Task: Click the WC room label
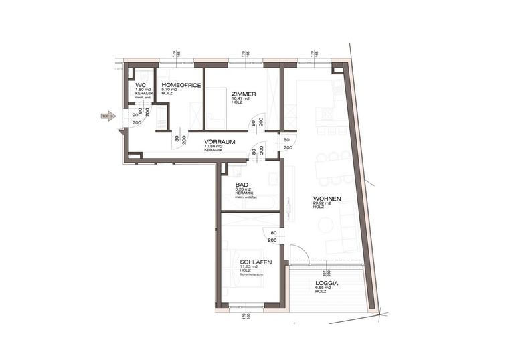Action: pos(140,85)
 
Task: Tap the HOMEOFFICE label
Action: pos(178,85)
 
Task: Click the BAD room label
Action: pos(242,185)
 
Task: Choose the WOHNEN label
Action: pos(327,199)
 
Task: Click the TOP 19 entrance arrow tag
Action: pos(108,116)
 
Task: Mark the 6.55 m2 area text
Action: pos(324,288)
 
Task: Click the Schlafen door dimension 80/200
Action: pos(272,236)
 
